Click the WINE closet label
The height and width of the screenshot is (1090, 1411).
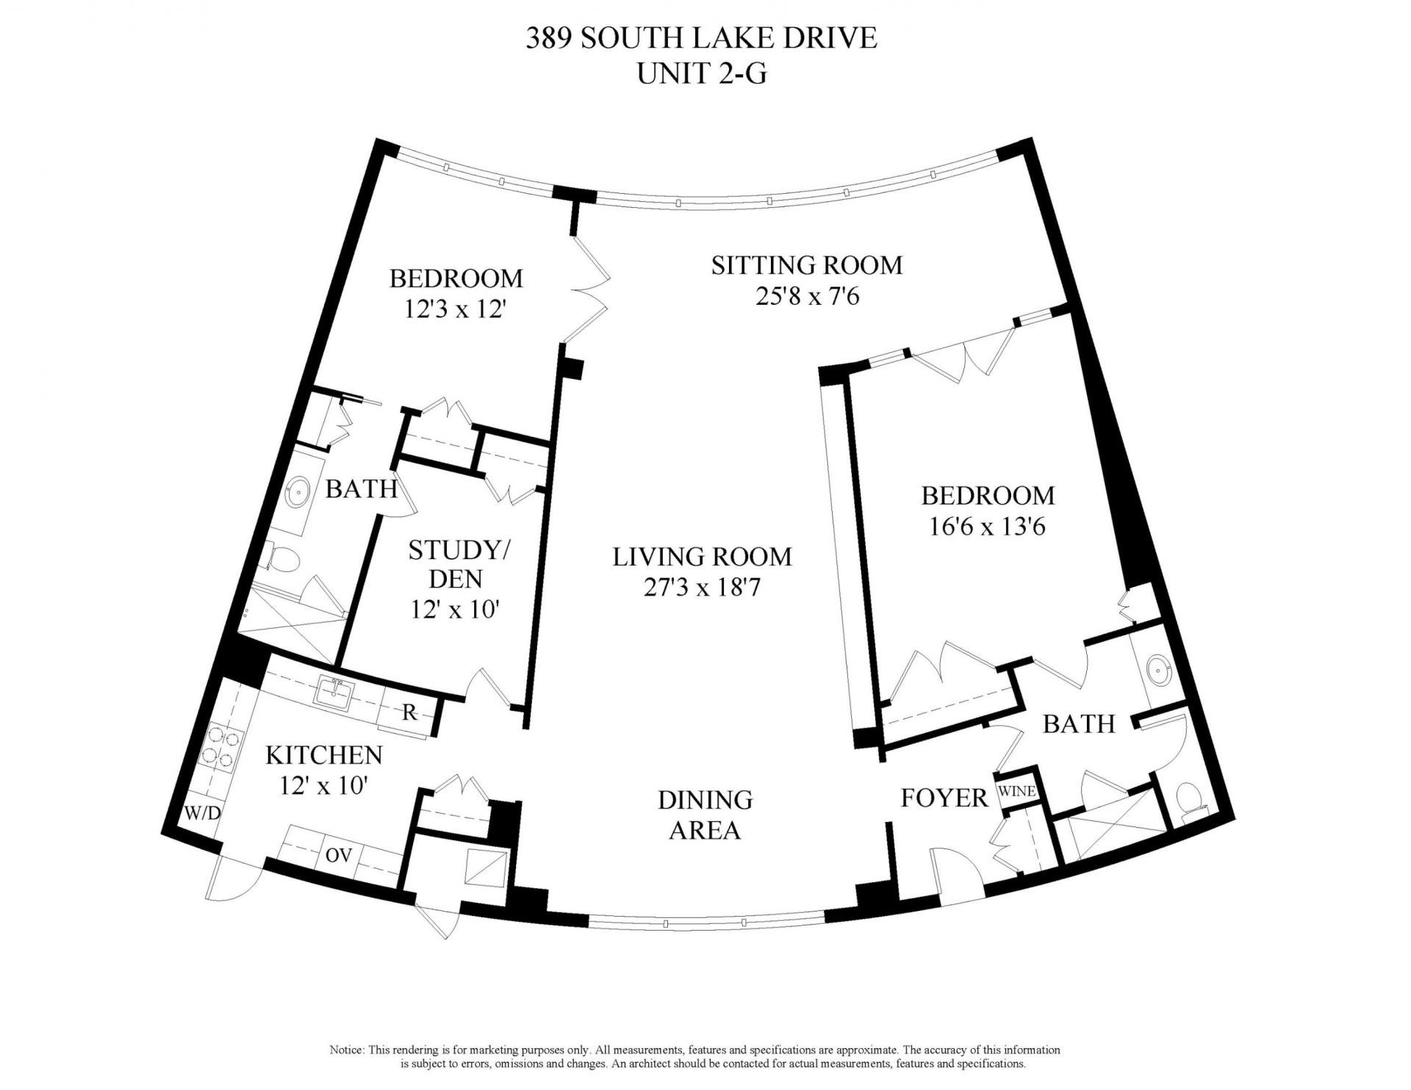tap(1016, 791)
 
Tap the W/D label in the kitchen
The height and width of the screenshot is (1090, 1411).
tap(202, 814)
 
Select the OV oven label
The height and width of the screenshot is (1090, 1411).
tap(339, 855)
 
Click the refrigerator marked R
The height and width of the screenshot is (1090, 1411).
tap(409, 712)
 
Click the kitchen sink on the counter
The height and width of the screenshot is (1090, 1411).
tap(336, 692)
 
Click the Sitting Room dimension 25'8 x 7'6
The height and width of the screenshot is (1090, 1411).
tap(806, 297)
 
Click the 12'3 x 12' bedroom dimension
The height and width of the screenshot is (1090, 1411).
tap(456, 310)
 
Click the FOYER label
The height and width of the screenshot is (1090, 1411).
tap(944, 798)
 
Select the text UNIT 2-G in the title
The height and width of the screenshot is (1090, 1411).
tap(701, 73)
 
